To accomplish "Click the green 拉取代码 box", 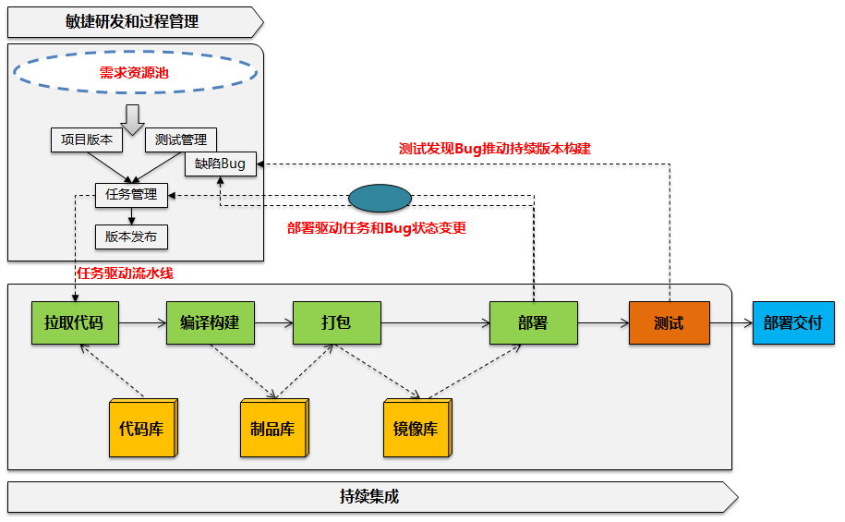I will click(74, 323).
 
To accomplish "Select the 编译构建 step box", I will click(210, 323).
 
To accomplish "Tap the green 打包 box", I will click(336, 323).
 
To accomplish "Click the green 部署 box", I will click(533, 323).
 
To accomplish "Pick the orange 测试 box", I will click(669, 323).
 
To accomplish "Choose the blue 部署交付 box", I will click(792, 323).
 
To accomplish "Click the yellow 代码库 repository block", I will click(142, 430).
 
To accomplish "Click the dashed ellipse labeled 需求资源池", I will click(134, 72).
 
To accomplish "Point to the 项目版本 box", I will click(87, 140).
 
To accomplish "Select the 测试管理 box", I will click(181, 140).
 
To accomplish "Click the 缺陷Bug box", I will click(221, 164).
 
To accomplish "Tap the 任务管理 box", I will click(131, 195).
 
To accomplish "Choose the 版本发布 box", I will click(131, 237).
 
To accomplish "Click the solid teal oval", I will click(380, 199).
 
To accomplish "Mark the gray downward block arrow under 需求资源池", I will click(132, 117).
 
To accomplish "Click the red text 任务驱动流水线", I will click(125, 273).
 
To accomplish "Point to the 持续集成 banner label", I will click(369, 497).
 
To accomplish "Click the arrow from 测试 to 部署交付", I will click(730, 323).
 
